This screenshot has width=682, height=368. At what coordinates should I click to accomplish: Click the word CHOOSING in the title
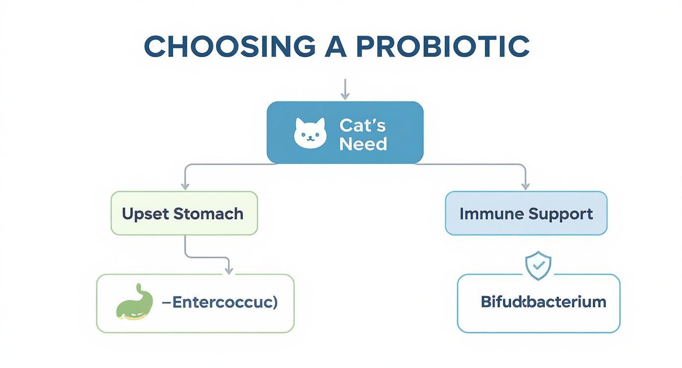[x=229, y=46]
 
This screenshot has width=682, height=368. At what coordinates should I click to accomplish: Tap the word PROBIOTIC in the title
[x=443, y=46]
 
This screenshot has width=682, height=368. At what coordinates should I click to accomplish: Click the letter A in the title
[x=336, y=46]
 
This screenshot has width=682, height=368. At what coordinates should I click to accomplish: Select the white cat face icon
[x=310, y=133]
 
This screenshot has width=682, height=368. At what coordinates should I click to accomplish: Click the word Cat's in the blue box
[x=363, y=125]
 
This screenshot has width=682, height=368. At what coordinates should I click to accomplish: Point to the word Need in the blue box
[x=363, y=144]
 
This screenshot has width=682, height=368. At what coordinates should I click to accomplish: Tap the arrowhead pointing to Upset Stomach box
[x=185, y=185]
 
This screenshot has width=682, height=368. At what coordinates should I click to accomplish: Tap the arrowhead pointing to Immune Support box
[x=525, y=185]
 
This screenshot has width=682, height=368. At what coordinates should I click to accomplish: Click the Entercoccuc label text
[x=219, y=302]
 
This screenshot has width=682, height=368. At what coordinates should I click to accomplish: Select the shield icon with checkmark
[x=538, y=266]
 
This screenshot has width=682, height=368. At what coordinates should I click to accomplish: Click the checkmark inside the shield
[x=538, y=265]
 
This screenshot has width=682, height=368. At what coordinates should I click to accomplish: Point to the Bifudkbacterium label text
[x=543, y=301]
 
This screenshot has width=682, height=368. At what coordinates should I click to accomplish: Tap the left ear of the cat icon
[x=299, y=122]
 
